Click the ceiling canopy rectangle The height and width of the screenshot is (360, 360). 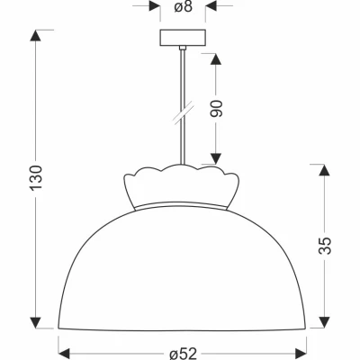click(182, 40)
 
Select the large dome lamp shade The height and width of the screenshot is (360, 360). click(182, 270)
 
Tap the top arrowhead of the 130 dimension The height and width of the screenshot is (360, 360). click(37, 38)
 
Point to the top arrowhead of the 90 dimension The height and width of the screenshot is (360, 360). click(216, 57)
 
